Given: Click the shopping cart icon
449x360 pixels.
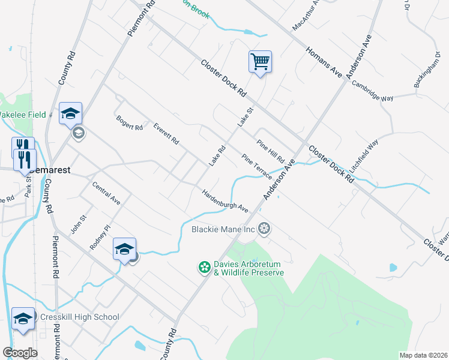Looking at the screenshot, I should pos(260,61).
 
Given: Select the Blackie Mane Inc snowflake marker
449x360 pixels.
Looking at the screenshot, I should pos(264,229).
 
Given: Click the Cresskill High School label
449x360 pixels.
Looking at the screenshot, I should pos(80,317).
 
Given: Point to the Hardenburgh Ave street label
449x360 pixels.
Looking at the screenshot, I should pos(224,200).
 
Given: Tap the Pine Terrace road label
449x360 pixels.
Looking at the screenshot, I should pos(258,166).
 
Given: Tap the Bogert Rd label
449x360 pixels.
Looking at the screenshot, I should pos(130,124).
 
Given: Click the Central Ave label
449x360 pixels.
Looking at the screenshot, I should pos(106,194).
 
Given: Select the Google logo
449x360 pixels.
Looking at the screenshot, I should pos(20,352).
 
